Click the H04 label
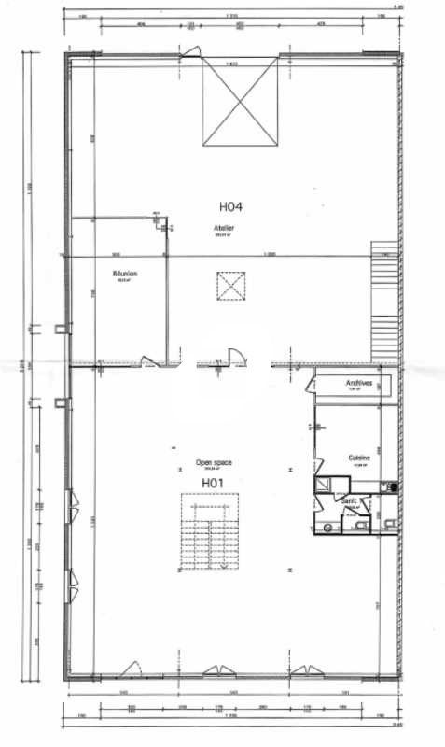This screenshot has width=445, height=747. [229, 208]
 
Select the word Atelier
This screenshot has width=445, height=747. [223, 227]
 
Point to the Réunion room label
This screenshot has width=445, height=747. [125, 274]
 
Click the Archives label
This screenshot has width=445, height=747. [359, 383]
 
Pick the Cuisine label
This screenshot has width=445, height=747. [360, 458]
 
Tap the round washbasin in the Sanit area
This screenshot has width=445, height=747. [327, 526]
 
